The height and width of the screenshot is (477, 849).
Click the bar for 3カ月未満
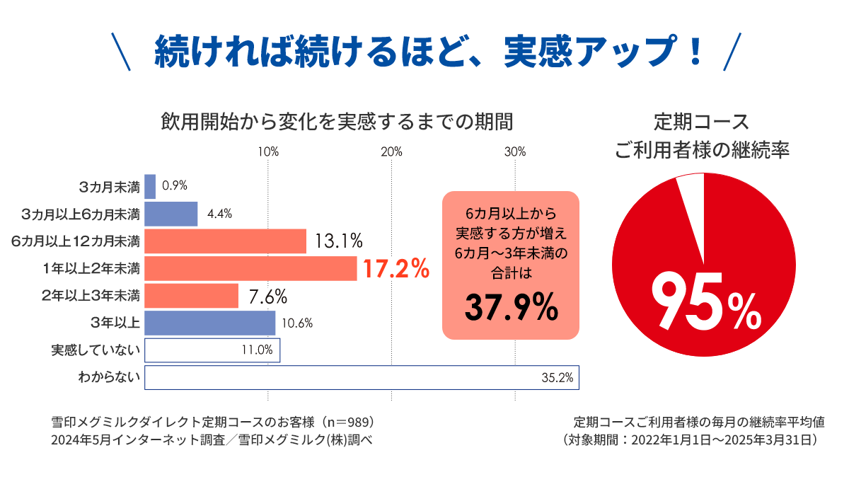(x=150, y=186)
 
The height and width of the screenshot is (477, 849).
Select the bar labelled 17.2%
(x=250, y=268)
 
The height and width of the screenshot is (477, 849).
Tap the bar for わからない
(x=362, y=377)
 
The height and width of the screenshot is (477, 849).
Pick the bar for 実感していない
(x=212, y=350)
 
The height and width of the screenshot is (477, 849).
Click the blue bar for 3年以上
(x=209, y=323)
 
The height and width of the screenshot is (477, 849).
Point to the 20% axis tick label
(x=391, y=151)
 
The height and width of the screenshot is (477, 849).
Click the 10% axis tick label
(x=268, y=151)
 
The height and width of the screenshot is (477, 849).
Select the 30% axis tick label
(x=514, y=151)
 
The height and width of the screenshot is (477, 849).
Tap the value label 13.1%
(x=339, y=241)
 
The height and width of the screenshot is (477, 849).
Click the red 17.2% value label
(x=395, y=269)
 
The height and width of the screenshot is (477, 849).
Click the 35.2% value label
(x=557, y=378)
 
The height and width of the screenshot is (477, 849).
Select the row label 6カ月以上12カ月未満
(x=76, y=241)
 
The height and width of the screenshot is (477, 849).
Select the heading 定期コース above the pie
(x=701, y=121)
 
